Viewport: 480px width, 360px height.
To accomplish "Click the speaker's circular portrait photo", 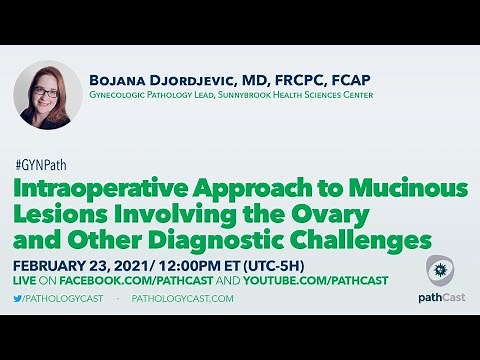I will (47, 95).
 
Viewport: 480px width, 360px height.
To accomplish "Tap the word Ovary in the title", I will (286, 214).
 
